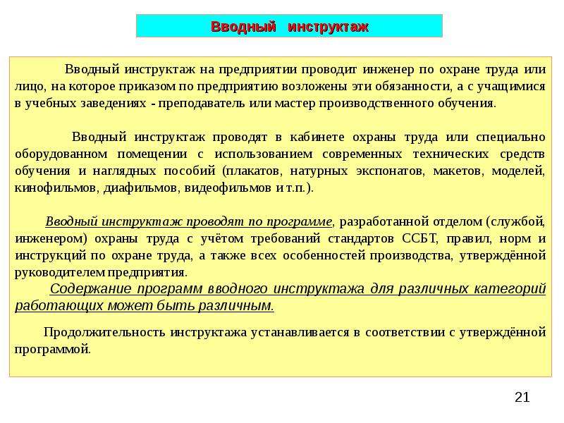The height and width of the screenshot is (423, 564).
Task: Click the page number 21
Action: tap(522, 398)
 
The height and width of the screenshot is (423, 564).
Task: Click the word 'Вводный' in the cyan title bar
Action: tap(243, 27)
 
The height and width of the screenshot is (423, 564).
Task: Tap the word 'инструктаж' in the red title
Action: tap(329, 27)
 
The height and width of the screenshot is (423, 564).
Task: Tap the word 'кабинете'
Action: tap(317, 137)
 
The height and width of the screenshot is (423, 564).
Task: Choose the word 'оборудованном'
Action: tap(61, 154)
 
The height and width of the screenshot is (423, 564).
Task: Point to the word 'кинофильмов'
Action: tap(56, 188)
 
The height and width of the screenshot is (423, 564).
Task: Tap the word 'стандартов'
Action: tap(361, 239)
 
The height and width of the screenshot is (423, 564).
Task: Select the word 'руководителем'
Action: tap(59, 273)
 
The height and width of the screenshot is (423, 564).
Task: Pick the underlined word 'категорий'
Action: tap(510, 289)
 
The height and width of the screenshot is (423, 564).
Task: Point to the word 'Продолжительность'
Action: tap(104, 332)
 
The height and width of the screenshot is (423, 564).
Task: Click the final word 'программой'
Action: tap(52, 350)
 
